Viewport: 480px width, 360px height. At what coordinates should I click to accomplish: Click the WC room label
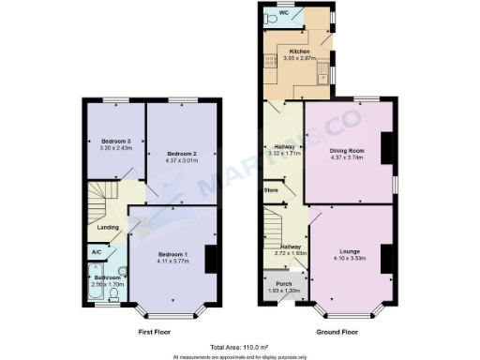click(x=296, y=12)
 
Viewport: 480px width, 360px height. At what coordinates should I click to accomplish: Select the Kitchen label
click(x=299, y=51)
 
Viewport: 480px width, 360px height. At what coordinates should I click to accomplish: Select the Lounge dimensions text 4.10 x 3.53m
click(x=346, y=259)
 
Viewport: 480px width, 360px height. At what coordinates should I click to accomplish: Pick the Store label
click(x=272, y=190)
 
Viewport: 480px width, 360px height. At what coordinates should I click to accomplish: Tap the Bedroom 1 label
click(x=172, y=255)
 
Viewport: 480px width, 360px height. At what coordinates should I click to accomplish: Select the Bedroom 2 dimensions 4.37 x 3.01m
click(x=182, y=159)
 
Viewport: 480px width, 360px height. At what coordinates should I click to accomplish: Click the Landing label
click(x=109, y=226)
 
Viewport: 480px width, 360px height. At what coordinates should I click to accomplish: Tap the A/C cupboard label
click(x=97, y=251)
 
